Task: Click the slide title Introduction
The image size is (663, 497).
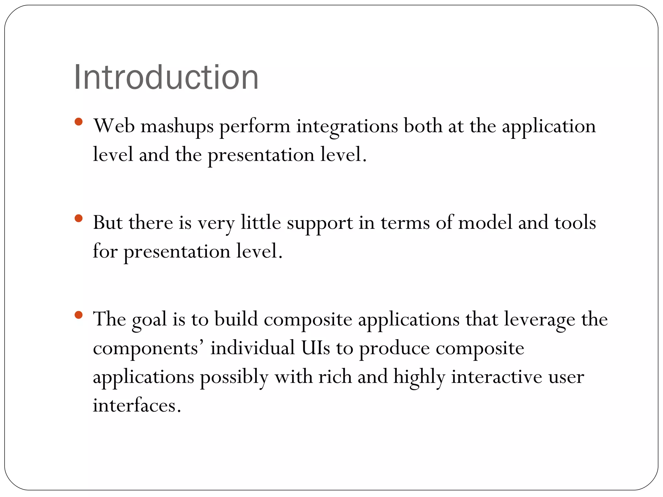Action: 166,77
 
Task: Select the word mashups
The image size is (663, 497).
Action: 177,126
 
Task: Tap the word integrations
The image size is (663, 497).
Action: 347,126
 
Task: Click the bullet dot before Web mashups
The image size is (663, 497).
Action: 78,122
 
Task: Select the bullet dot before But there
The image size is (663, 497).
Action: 78,218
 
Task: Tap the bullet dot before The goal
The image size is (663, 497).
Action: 78,315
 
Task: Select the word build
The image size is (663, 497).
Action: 236,319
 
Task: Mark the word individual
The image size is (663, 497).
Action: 252,348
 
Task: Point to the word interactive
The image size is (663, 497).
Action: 497,377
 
